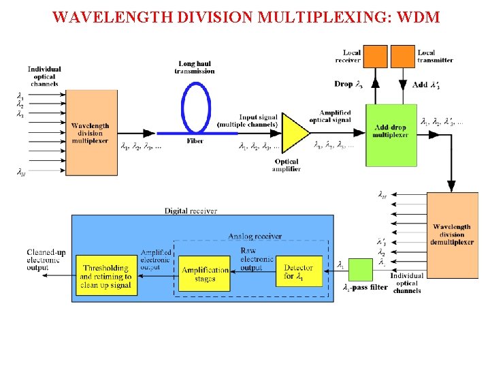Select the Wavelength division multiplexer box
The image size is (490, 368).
(x=90, y=132)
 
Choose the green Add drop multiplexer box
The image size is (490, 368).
(x=391, y=134)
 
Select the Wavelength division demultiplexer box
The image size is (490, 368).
(x=451, y=235)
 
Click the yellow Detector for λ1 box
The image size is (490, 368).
(x=298, y=273)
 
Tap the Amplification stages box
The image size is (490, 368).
(x=205, y=275)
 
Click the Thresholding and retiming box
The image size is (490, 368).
(x=105, y=276)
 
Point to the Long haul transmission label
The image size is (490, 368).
(x=195, y=67)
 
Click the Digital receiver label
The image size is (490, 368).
(x=191, y=211)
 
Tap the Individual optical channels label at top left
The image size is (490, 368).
(x=44, y=76)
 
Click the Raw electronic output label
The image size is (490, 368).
(x=257, y=259)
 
